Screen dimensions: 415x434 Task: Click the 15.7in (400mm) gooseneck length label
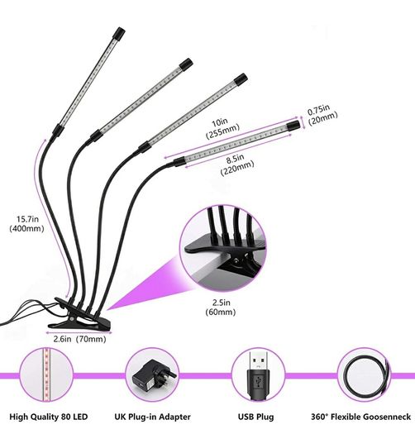(x=26, y=224)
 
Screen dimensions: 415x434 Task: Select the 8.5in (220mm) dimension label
(x=236, y=165)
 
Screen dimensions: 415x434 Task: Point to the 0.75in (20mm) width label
(x=322, y=114)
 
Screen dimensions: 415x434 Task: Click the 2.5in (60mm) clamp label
(x=221, y=308)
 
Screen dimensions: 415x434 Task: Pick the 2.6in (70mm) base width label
(x=79, y=338)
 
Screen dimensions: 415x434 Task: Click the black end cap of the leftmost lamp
(x=119, y=33)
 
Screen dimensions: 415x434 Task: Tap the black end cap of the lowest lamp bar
(x=293, y=126)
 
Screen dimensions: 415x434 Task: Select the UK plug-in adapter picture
(x=152, y=375)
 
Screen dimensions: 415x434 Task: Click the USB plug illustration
(x=258, y=375)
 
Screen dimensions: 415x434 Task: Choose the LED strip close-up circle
(x=46, y=375)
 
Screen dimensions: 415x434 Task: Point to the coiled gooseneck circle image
(x=364, y=375)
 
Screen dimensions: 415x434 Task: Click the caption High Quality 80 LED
(x=49, y=417)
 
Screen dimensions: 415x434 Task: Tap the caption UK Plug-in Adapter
(x=152, y=417)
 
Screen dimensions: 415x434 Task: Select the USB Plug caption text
(x=255, y=417)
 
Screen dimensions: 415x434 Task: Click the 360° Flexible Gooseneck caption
(x=360, y=417)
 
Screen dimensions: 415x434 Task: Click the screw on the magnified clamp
(x=236, y=260)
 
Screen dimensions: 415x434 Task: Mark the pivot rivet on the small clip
(x=72, y=318)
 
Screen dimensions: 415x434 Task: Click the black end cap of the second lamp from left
(x=186, y=64)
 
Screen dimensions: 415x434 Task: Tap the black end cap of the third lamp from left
(x=241, y=79)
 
